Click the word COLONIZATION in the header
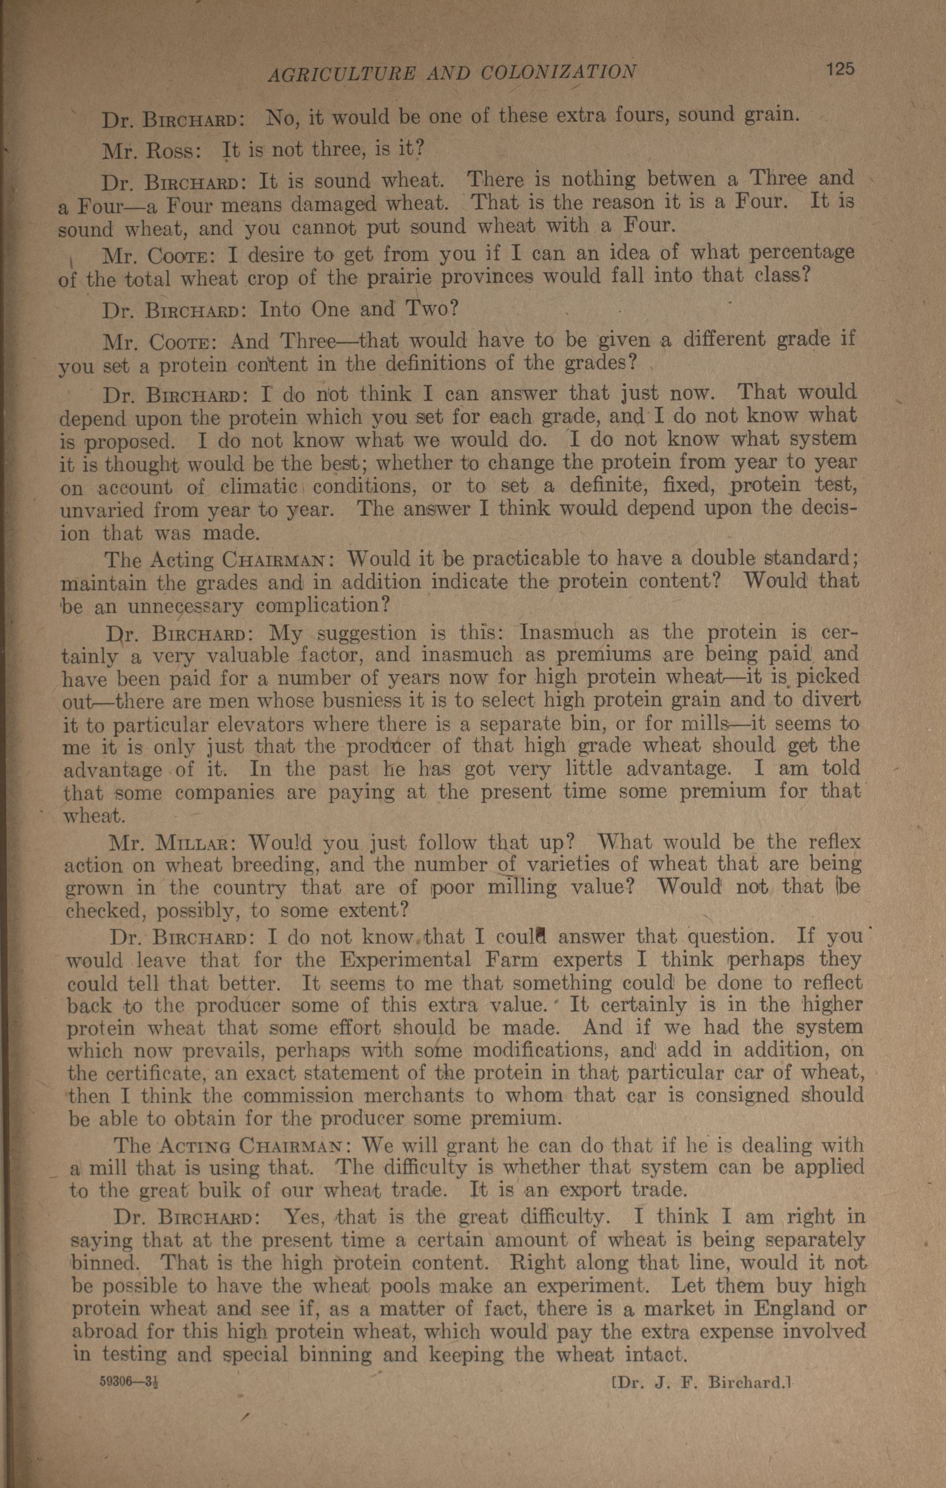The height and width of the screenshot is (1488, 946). pos(557,74)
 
